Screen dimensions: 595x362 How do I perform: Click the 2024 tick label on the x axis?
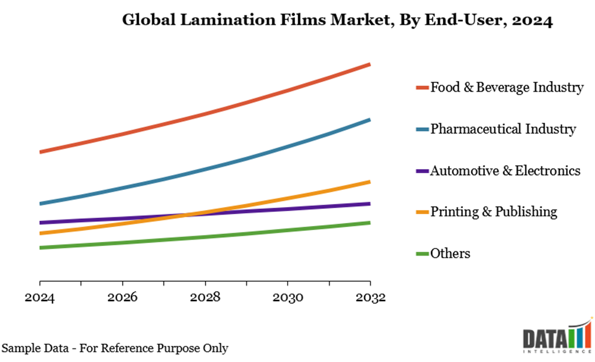tap(40, 298)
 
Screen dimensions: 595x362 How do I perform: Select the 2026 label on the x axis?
tap(123, 298)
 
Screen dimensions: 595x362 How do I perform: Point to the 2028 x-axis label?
tap(205, 298)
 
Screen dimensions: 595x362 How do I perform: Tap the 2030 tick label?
tap(288, 298)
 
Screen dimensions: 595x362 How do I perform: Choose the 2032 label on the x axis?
tap(370, 298)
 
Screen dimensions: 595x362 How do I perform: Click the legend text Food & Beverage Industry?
tap(507, 88)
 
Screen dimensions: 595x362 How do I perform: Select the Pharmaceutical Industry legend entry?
tap(503, 129)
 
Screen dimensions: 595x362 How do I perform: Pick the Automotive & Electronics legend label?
tap(505, 171)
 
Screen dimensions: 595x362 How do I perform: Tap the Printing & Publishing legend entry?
tap(493, 212)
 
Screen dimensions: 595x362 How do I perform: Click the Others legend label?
tap(451, 254)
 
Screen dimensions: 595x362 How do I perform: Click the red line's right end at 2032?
tap(369, 64)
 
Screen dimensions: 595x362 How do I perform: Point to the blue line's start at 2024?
tap(40, 203)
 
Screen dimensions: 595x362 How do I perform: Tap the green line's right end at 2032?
tap(369, 222)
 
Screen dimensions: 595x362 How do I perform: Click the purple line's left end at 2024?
tap(40, 223)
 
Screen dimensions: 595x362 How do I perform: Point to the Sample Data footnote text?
tap(115, 348)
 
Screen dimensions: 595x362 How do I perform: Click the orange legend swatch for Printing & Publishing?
tap(422, 212)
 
